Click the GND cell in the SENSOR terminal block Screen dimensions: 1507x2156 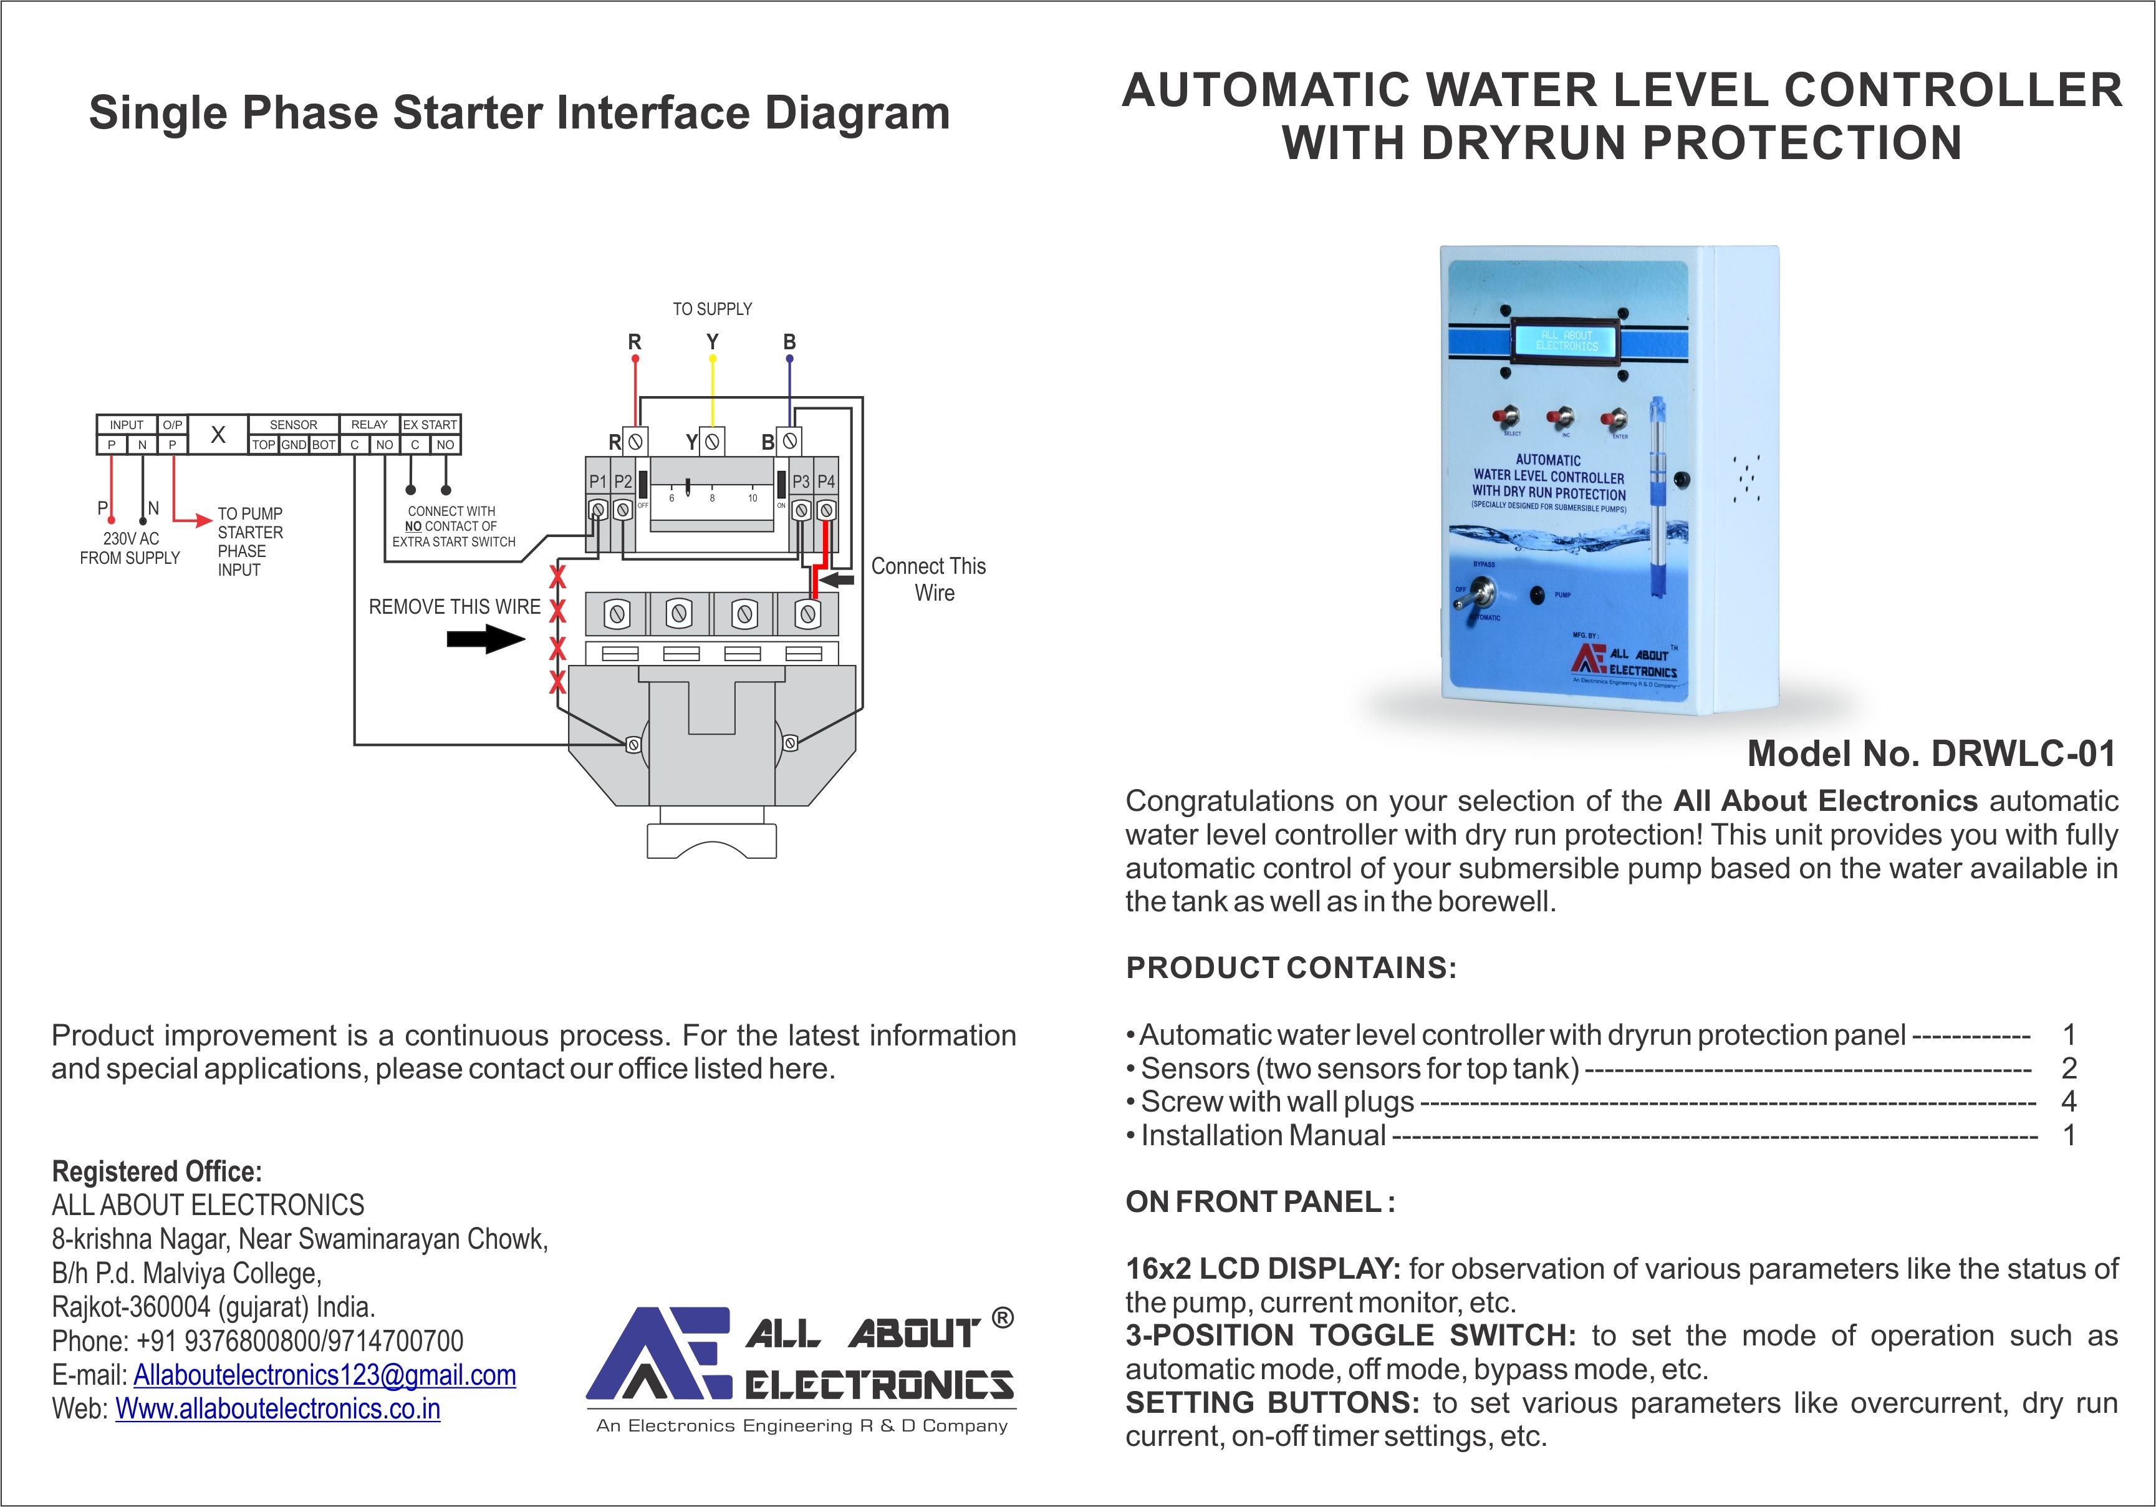(x=294, y=444)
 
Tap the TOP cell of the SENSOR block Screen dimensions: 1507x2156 (x=264, y=444)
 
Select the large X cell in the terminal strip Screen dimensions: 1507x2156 (x=218, y=434)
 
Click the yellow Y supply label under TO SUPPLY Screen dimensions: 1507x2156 (x=712, y=341)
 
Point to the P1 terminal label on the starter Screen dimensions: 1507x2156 (x=598, y=481)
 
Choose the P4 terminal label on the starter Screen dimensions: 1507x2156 (x=826, y=481)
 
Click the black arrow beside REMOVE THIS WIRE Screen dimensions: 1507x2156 (x=484, y=640)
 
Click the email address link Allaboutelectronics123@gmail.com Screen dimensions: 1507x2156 (x=325, y=1375)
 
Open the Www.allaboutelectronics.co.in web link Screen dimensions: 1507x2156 (x=278, y=1408)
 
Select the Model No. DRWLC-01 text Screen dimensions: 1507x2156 (x=1931, y=753)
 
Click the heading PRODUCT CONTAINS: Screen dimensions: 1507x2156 (x=1291, y=967)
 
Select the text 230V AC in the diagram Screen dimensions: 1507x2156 (x=132, y=538)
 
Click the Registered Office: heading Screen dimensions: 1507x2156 (x=157, y=1171)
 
